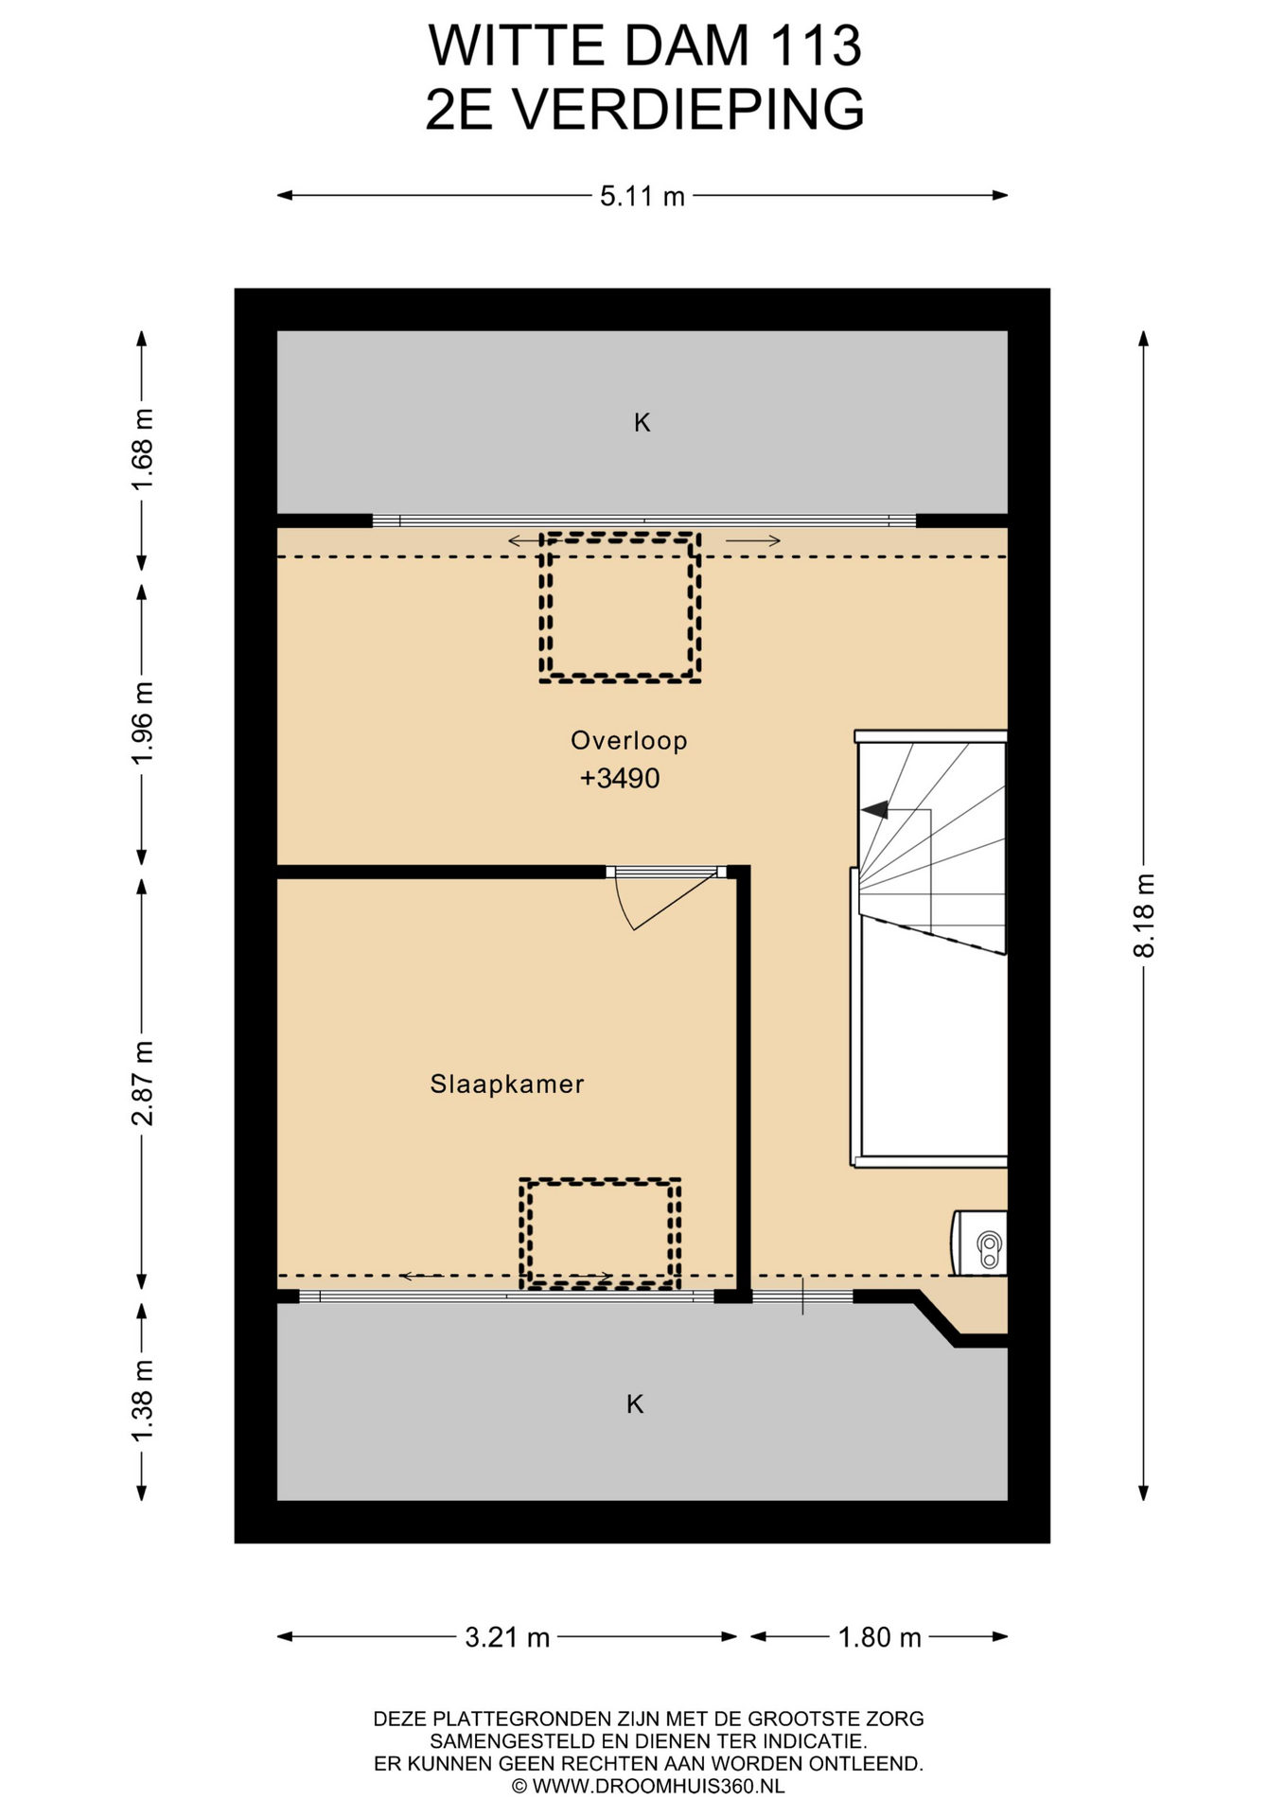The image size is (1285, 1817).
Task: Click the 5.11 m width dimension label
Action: tap(642, 196)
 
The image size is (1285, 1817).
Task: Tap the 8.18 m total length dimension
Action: tap(1144, 915)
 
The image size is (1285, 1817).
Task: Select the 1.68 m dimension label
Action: tap(142, 450)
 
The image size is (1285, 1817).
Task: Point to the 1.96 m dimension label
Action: tap(142, 724)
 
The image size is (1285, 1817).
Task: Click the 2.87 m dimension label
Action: tap(142, 1084)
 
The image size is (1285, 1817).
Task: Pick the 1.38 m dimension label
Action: tap(142, 1402)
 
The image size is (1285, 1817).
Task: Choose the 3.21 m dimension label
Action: tap(507, 1637)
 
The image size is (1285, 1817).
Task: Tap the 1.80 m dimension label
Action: tap(879, 1637)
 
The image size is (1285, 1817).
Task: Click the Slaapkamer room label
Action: tap(507, 1084)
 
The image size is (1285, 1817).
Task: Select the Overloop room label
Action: tap(628, 740)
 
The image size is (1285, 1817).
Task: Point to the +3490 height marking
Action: tap(620, 778)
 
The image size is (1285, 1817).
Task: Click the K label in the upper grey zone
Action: tap(642, 423)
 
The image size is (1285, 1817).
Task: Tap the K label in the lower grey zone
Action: tap(635, 1403)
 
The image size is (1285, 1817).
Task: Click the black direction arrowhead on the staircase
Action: tap(874, 809)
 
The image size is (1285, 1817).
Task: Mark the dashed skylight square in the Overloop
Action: tap(620, 608)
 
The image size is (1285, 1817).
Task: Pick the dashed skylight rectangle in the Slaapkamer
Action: tap(600, 1233)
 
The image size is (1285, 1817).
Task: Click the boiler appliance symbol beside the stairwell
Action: tap(979, 1243)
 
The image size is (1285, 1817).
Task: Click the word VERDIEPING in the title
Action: tap(688, 110)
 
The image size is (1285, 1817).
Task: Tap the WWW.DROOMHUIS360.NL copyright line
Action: tap(648, 1786)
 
